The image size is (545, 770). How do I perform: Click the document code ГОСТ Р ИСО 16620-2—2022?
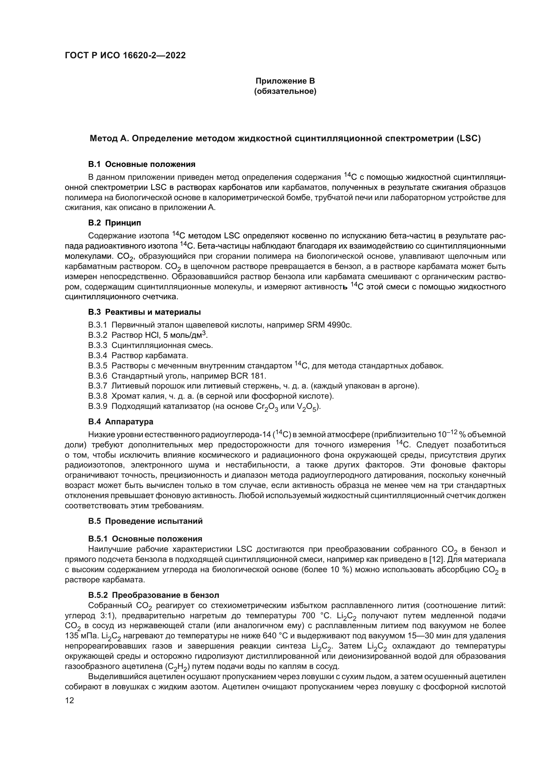pos(125,56)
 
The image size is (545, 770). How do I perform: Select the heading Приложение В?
pos(285,81)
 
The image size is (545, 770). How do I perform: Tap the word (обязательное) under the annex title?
pos(285,91)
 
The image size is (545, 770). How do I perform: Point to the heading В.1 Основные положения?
pos(142,164)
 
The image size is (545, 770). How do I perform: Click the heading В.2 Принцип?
pos(115,223)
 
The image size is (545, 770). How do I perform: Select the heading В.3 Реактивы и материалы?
pos(144,312)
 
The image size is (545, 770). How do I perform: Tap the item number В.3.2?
pos(98,335)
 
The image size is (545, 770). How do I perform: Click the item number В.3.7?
pos(98,386)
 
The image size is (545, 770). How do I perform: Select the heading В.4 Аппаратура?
pos(121,422)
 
